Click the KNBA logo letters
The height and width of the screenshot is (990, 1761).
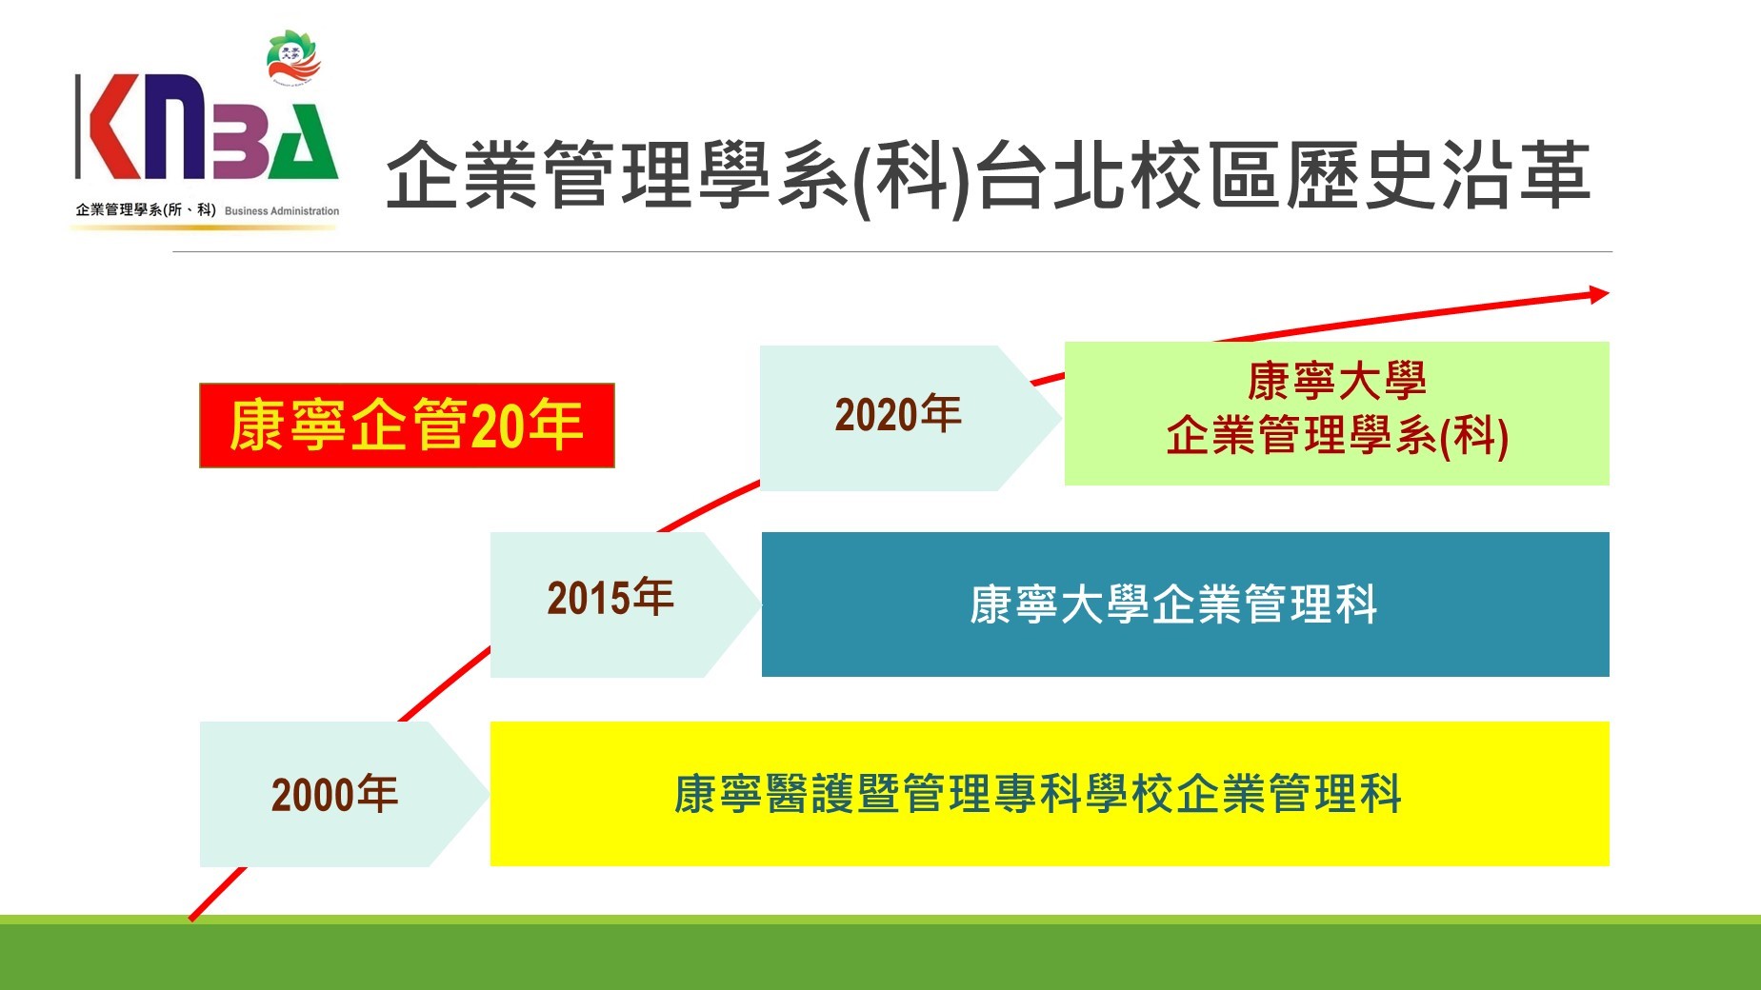[x=207, y=128]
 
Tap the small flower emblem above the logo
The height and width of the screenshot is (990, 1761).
[x=294, y=58]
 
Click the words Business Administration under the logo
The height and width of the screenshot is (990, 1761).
[x=282, y=211]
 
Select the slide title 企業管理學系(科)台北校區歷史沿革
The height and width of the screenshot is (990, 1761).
[x=988, y=176]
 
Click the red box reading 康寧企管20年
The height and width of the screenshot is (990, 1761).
[x=407, y=426]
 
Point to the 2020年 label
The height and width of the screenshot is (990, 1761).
[x=898, y=415]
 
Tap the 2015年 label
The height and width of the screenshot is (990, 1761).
[x=610, y=598]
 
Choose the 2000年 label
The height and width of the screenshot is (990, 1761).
[x=334, y=794]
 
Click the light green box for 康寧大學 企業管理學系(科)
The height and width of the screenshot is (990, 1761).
[x=1336, y=413]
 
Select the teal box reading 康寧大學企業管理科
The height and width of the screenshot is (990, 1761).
[x=1186, y=604]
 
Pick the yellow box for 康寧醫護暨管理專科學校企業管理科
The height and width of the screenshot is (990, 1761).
[x=1050, y=794]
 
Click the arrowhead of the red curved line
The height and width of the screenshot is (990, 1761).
[x=1598, y=294]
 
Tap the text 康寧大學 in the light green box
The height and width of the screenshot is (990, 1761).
[x=1336, y=381]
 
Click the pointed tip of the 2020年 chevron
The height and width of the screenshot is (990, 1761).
[x=1060, y=418]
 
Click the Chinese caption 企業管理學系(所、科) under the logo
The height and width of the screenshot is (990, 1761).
[x=146, y=210]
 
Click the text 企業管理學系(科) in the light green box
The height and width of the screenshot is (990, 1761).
[x=1337, y=436]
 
